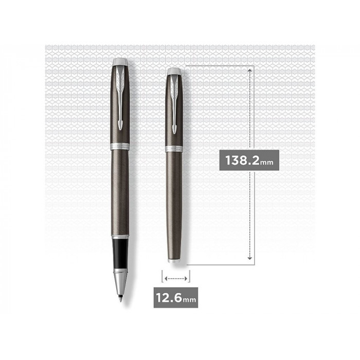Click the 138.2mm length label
point(249,160)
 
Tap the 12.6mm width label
point(176,297)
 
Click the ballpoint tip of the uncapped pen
point(120,299)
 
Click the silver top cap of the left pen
point(120,62)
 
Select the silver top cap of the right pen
point(174,71)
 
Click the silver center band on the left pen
point(120,146)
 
